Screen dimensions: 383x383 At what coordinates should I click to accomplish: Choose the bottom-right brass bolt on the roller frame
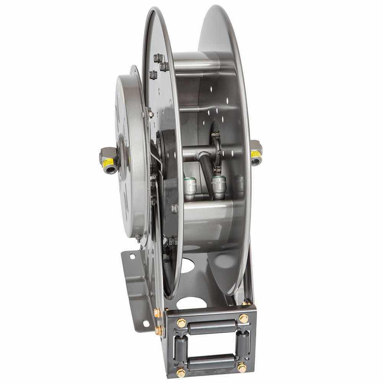click(242, 368)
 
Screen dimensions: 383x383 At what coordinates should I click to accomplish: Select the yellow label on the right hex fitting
click(256, 154)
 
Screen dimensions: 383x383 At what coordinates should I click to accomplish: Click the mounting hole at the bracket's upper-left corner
click(132, 256)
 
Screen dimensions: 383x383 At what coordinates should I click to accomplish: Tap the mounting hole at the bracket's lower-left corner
click(146, 324)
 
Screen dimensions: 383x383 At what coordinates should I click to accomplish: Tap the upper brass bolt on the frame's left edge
click(157, 313)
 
